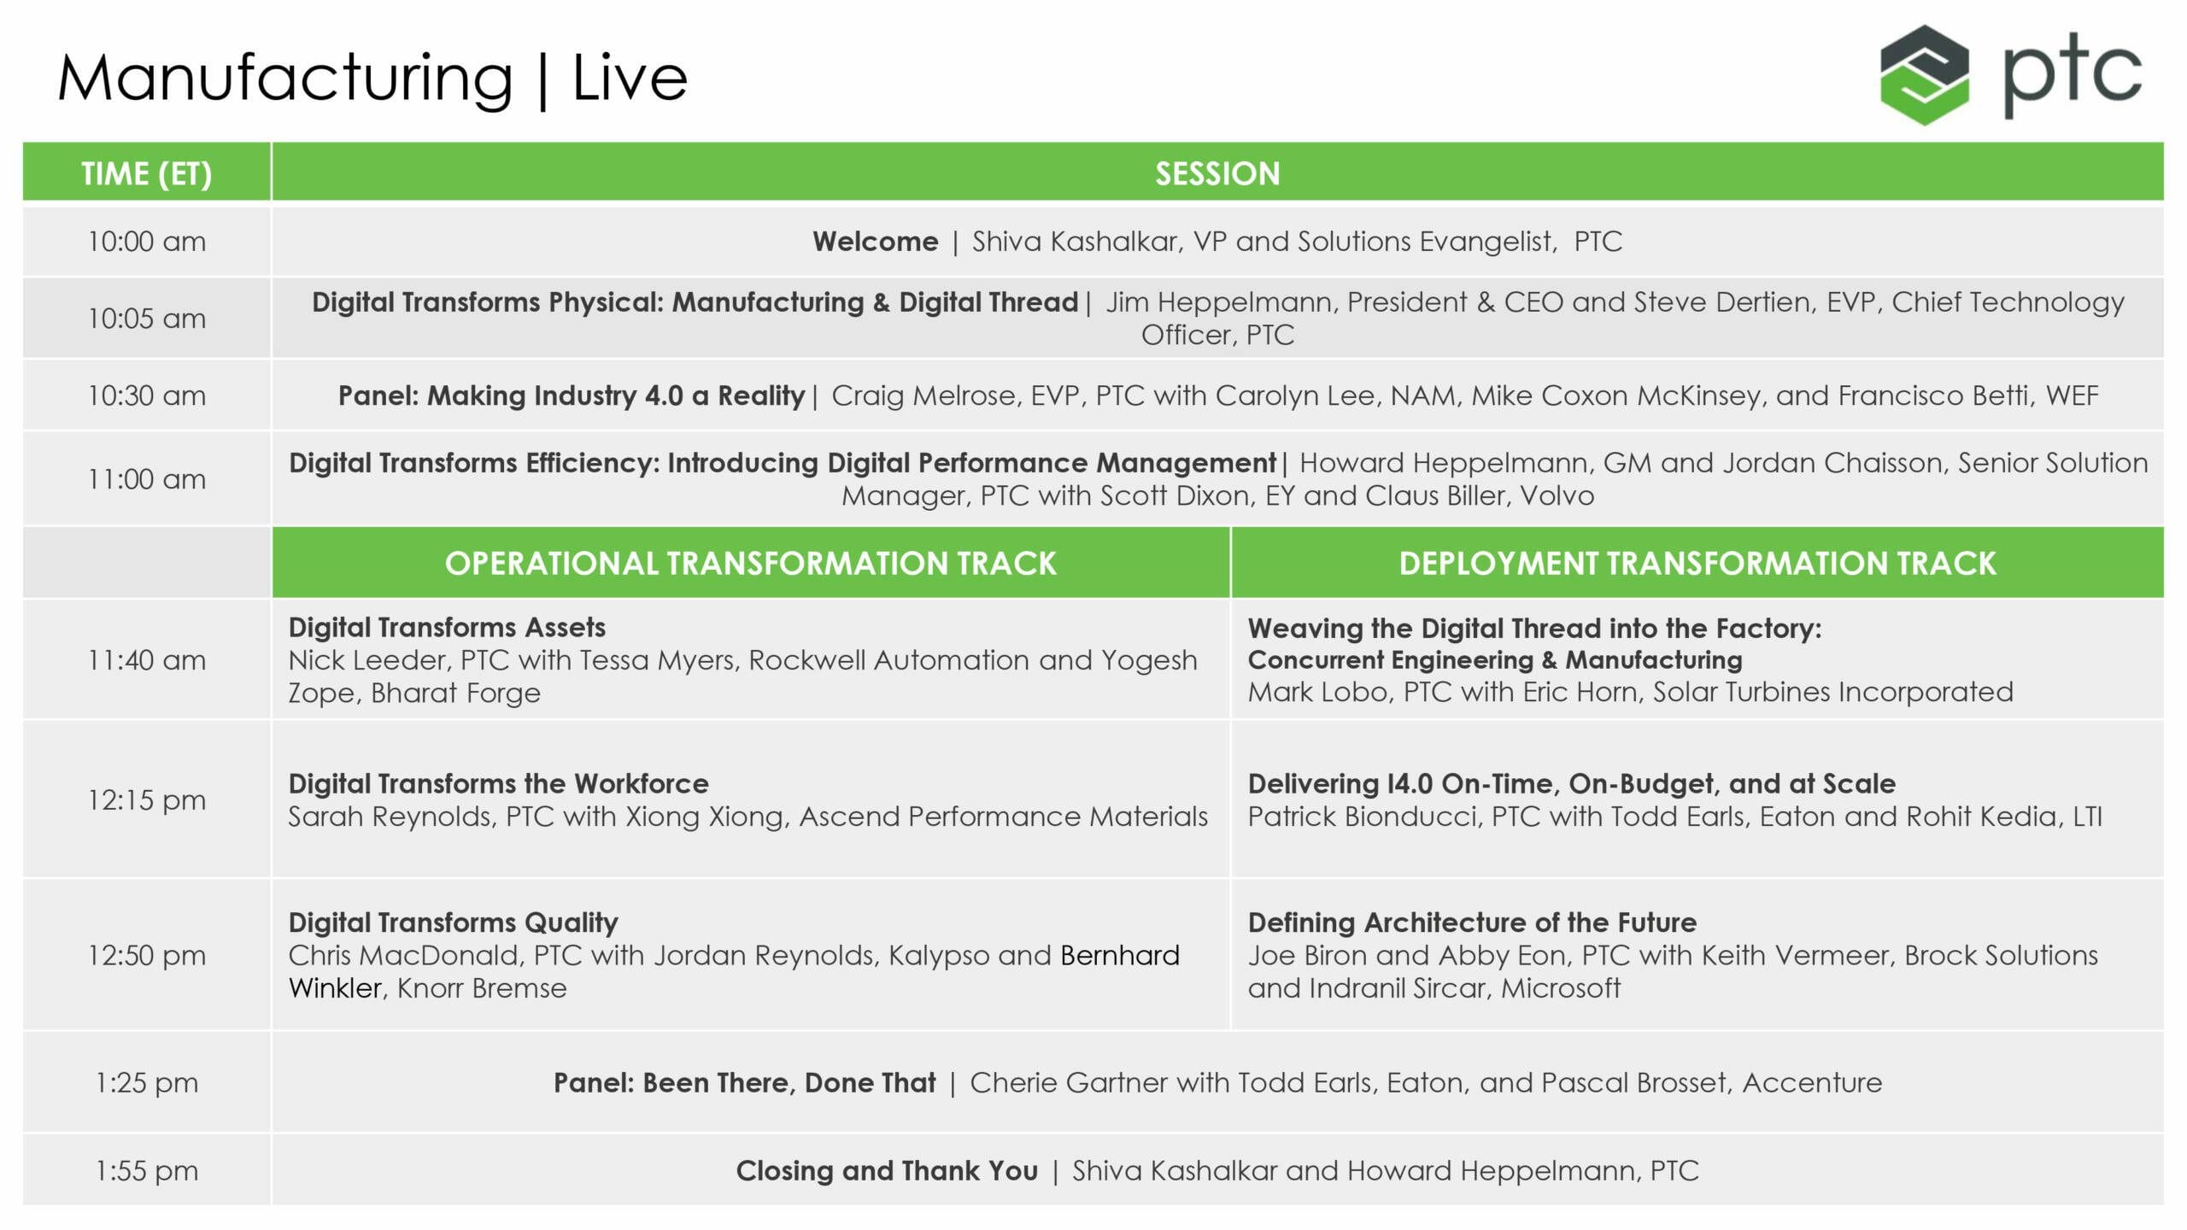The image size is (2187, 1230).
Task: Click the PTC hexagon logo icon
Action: tap(1924, 75)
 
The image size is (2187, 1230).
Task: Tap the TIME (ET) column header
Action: tap(147, 173)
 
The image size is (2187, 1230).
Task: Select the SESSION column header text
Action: tap(1217, 173)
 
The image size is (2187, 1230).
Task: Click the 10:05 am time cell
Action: tap(147, 319)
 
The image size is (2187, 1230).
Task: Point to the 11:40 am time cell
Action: tap(147, 660)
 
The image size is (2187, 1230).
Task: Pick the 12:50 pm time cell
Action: tap(147, 955)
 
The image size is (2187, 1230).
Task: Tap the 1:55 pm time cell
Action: tap(147, 1170)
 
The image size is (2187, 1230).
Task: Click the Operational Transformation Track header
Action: tap(751, 564)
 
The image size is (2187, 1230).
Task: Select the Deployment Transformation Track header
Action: tap(1697, 564)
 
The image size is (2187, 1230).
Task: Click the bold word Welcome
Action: tap(876, 242)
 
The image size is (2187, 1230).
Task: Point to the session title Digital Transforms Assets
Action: tap(447, 628)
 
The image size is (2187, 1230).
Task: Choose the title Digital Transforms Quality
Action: tap(453, 922)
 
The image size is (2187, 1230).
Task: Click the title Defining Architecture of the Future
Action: tap(1472, 922)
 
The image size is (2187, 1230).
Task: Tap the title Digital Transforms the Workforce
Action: tap(499, 783)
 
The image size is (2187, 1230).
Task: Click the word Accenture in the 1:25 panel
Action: tap(1812, 1083)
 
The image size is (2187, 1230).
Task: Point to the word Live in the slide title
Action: tap(630, 78)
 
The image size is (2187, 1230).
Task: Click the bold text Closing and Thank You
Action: tap(887, 1171)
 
